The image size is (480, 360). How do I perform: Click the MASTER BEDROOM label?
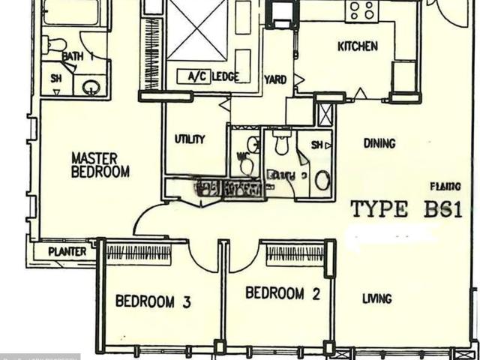tap(100, 165)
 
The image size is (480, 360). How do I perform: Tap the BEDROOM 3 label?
tap(153, 302)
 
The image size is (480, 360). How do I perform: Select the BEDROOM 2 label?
tap(283, 293)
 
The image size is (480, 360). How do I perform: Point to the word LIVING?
tap(376, 298)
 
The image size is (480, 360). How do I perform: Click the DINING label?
tap(379, 143)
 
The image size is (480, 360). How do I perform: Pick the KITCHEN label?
tap(357, 46)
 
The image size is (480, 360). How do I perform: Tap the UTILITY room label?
tap(190, 139)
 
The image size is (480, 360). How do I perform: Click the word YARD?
tap(275, 79)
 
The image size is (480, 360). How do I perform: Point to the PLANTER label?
tap(67, 252)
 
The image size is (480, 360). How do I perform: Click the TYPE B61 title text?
tap(405, 209)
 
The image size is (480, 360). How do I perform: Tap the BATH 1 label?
tap(77, 56)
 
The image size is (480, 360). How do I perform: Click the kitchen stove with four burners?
tap(361, 10)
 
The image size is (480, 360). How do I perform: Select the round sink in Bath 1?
tap(91, 86)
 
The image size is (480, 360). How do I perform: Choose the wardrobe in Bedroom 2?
tap(295, 253)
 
